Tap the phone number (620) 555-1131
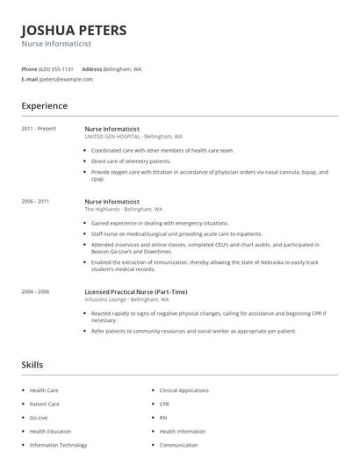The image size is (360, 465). click(56, 68)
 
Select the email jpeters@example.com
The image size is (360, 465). click(66, 79)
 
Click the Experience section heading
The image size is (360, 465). click(44, 106)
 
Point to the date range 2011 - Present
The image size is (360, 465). click(39, 129)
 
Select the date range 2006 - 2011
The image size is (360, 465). click(35, 201)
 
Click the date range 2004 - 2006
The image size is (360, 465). click(35, 291)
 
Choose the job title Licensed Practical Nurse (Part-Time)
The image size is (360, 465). click(135, 291)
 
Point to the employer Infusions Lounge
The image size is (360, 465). click(105, 299)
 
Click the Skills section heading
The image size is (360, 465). click(32, 364)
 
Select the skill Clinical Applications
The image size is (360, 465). click(184, 390)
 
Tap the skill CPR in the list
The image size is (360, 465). click(164, 404)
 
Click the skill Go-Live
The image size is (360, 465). click(40, 418)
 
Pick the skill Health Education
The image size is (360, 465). click(50, 432)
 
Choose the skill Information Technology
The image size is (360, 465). click(58, 445)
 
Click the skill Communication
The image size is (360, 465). click(178, 445)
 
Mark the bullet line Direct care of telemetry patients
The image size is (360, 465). click(131, 161)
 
